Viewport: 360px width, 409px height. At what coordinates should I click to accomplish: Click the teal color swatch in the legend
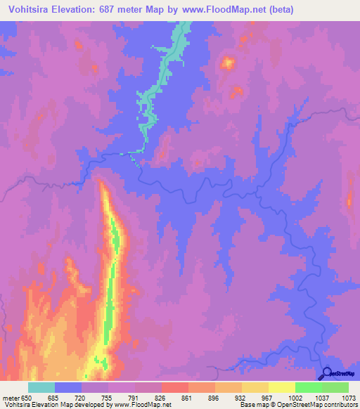41,387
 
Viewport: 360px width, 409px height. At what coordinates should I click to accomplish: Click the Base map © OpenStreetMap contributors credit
298,405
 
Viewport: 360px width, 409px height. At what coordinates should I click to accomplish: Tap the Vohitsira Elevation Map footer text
35,405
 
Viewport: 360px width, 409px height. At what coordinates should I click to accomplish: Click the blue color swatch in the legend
67,387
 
